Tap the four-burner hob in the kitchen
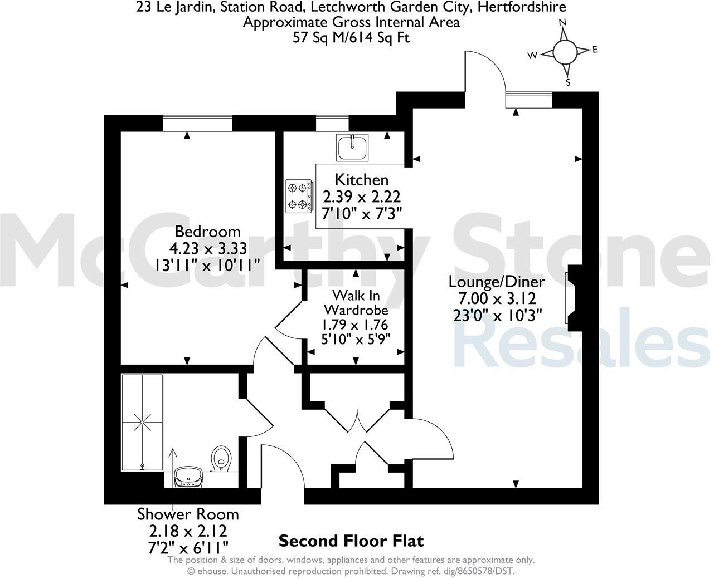[x=299, y=196]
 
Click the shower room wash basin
[x=188, y=478]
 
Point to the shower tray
[x=142, y=423]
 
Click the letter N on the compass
[x=562, y=22]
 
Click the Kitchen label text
[x=361, y=180]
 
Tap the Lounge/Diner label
[x=497, y=282]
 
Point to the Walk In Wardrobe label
[x=356, y=302]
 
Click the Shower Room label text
[x=188, y=514]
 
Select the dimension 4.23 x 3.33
[x=208, y=248]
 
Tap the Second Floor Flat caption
[x=351, y=541]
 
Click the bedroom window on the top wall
[x=197, y=123]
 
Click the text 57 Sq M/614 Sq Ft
[x=351, y=38]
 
